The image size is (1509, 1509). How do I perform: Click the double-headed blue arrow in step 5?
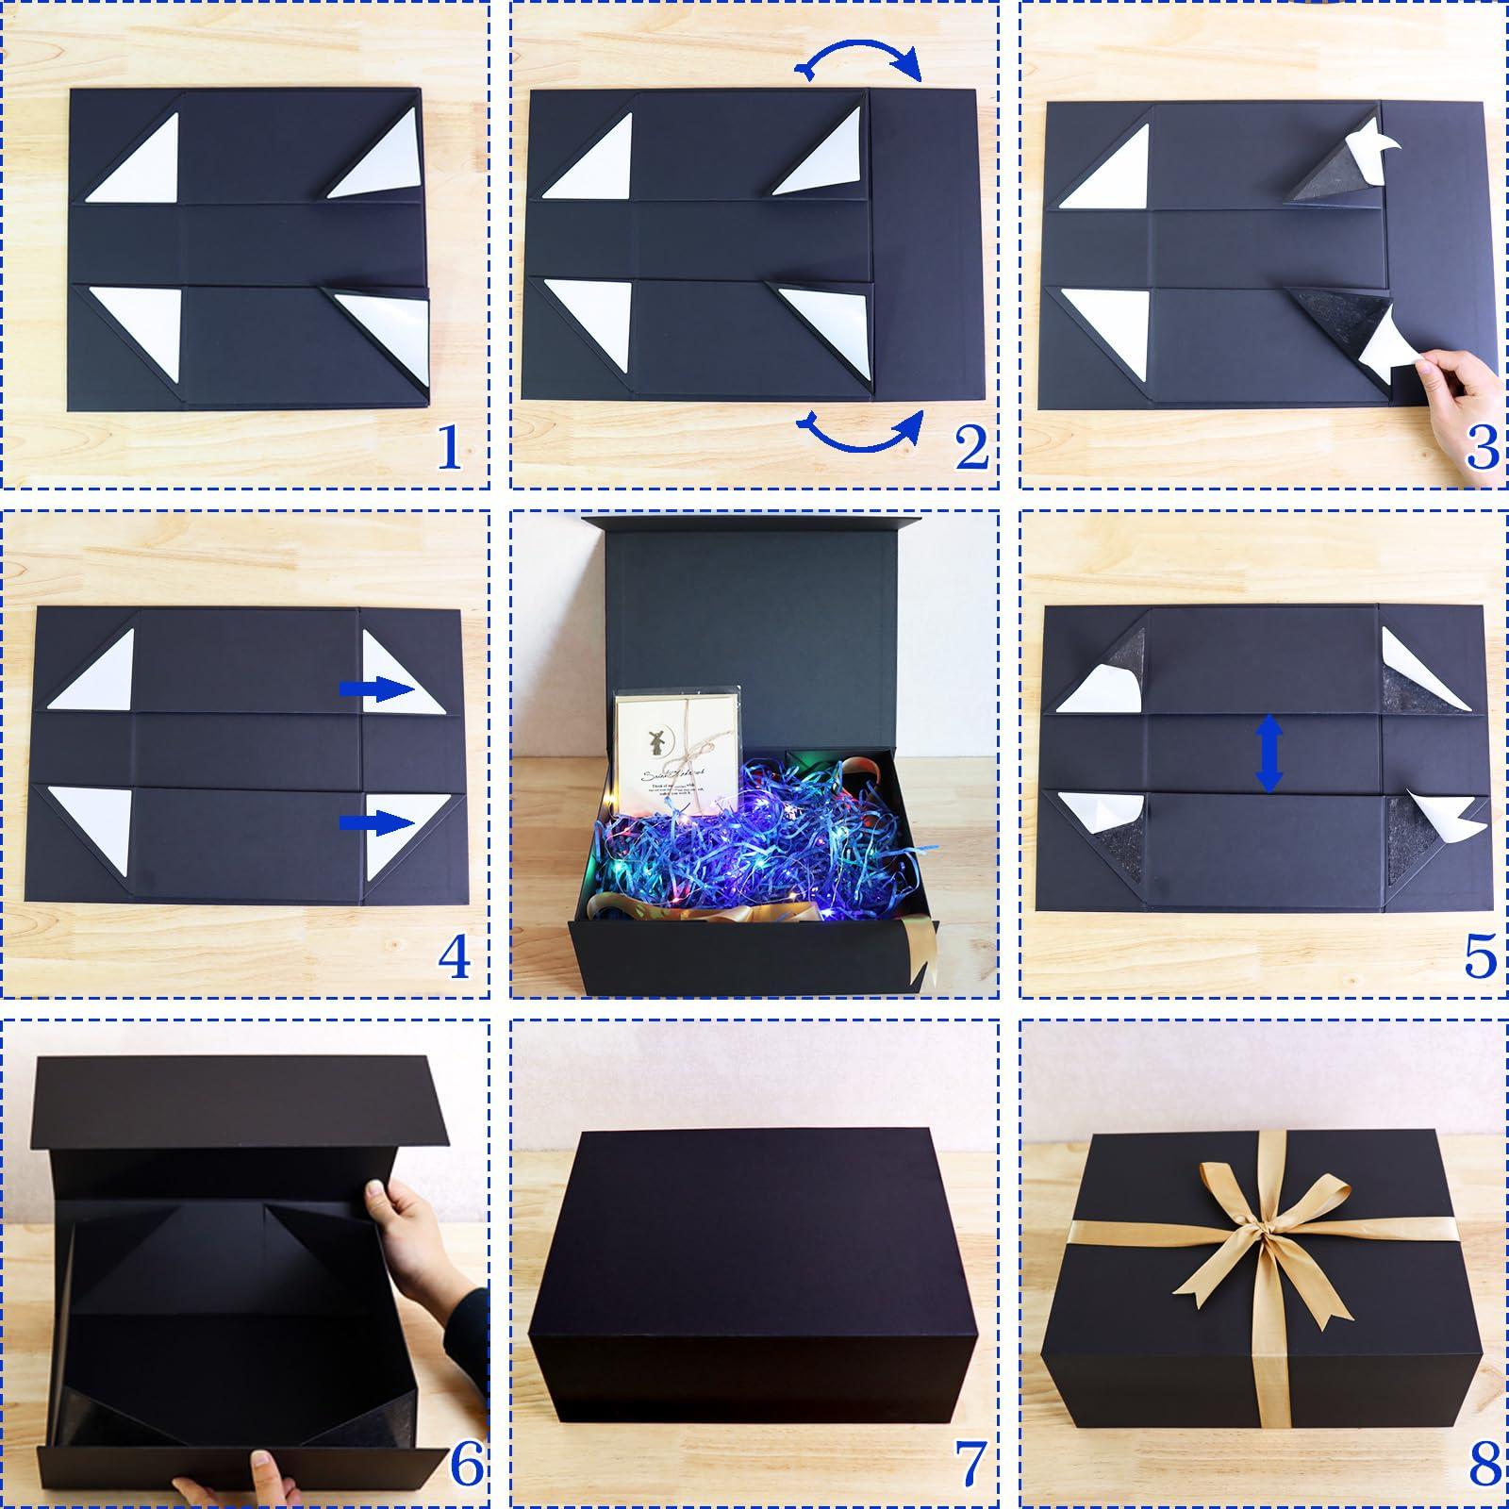(x=1269, y=752)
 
